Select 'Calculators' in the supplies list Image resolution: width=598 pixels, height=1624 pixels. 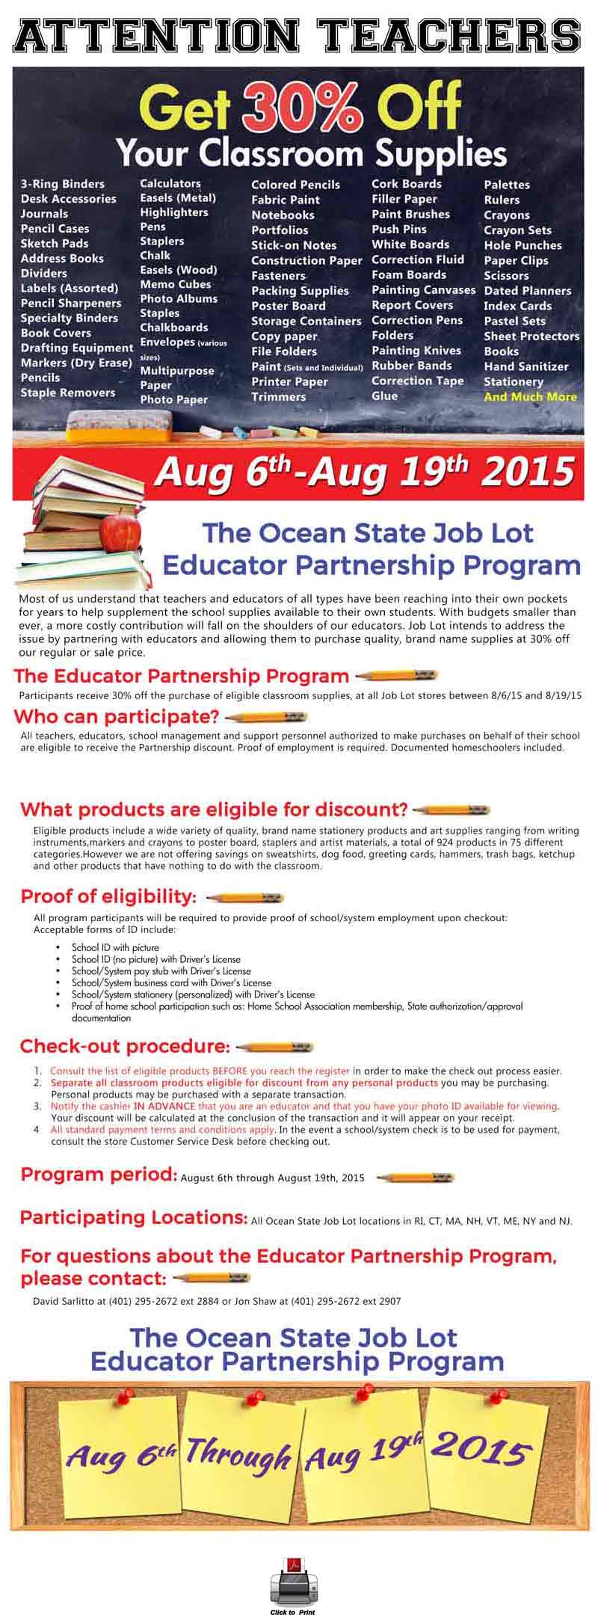[x=170, y=183]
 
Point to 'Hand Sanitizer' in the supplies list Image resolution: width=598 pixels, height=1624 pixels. [x=525, y=366]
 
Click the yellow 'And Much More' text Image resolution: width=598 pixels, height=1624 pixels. [x=530, y=396]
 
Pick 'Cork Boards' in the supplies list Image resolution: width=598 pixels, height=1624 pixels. [x=406, y=184]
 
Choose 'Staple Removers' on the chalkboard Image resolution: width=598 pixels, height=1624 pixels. [x=68, y=393]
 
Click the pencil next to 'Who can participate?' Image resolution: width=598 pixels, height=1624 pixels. [x=266, y=717]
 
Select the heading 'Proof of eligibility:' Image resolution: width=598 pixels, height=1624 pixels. [x=109, y=896]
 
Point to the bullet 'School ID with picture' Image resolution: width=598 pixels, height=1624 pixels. [x=115, y=947]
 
